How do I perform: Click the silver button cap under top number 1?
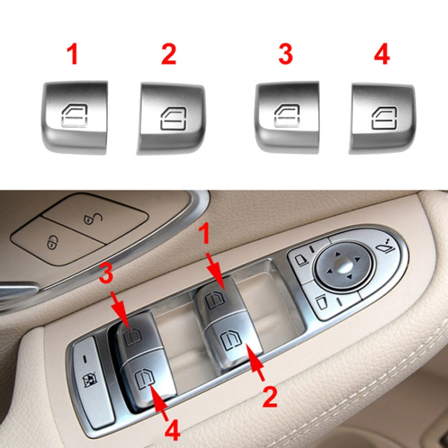tap(75, 113)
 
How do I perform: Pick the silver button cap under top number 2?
tap(171, 116)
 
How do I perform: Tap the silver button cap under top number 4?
tap(382, 116)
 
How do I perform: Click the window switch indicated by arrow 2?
tap(230, 344)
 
